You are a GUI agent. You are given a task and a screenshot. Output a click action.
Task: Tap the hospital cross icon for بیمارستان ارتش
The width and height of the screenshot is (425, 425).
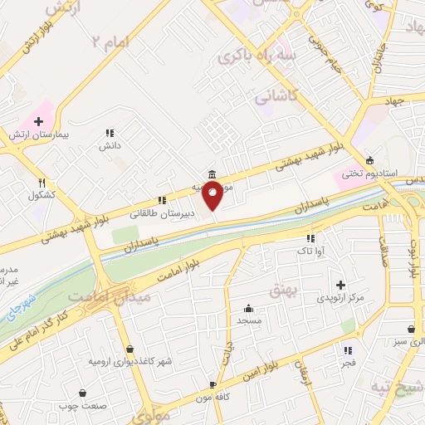[38, 121]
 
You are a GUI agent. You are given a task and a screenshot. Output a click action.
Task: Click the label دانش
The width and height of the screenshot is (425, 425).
[110, 145]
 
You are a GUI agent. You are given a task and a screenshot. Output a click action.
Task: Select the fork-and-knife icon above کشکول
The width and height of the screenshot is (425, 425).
[42, 183]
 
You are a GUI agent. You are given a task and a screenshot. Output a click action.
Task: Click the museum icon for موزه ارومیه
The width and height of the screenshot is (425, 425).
[213, 174]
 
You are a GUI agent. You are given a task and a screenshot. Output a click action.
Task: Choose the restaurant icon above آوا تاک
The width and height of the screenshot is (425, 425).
[310, 238]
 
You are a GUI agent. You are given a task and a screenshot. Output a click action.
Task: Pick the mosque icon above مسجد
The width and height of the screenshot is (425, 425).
[248, 308]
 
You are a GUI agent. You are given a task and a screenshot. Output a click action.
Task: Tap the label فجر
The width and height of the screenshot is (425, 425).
[347, 364]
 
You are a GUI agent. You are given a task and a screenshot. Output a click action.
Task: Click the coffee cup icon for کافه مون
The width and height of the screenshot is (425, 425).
[213, 384]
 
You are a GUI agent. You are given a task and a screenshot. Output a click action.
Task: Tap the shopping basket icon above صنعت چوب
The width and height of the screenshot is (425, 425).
[83, 393]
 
